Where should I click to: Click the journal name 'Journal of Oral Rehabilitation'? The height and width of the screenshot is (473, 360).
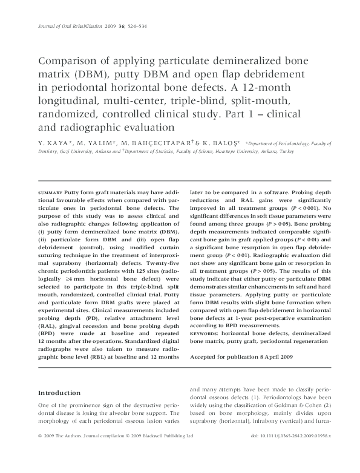(x=69, y=27)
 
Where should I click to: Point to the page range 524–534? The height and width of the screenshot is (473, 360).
(x=136, y=27)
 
